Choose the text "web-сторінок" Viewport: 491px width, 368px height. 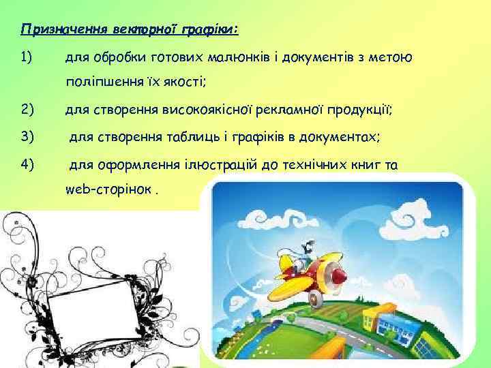(x=109, y=189)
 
